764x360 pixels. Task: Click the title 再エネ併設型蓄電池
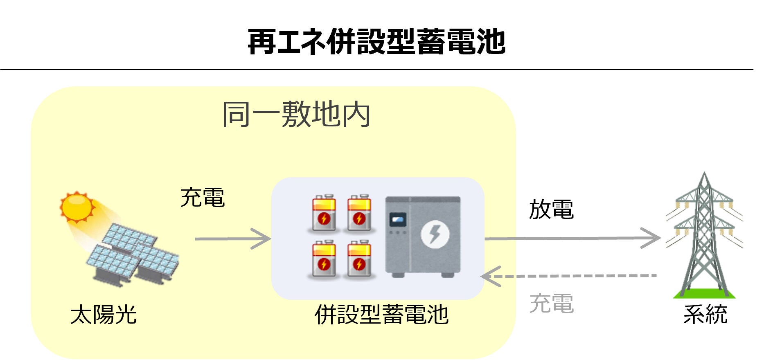pos(376,42)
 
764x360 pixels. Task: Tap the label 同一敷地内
pos(296,115)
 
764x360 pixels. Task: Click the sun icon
pos(77,207)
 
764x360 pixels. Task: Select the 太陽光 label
pos(103,315)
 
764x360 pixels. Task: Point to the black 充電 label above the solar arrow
pos(203,198)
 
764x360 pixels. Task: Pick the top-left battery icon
pos(324,213)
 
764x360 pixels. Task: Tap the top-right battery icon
pos(359,213)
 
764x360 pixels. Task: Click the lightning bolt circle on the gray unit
pos(435,234)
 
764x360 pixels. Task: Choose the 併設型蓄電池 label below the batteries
pos(381,315)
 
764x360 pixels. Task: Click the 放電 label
pos(551,209)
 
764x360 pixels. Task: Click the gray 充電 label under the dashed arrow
pos(551,304)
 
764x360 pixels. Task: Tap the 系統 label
pos(705,315)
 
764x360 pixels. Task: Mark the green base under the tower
pos(704,293)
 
